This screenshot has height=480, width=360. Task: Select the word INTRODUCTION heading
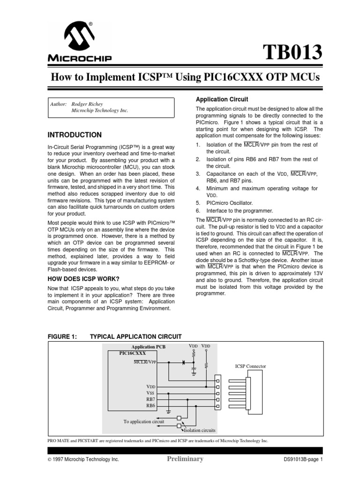pyautogui.click(x=75, y=135)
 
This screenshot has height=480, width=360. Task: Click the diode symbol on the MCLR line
pyautogui.click(x=182, y=362)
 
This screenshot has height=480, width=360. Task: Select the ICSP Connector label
pyautogui.click(x=250, y=366)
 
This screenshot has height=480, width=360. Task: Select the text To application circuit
pyautogui.click(x=144, y=421)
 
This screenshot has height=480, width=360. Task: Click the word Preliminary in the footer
pyautogui.click(x=185, y=459)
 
